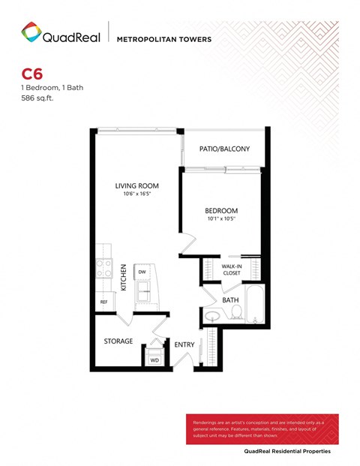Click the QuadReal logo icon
30,32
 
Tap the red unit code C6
31,74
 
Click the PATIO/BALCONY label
224,149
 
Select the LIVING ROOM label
136,185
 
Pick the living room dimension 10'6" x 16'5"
136,195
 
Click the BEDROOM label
222,210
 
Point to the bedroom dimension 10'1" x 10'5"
222,220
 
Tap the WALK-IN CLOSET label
232,270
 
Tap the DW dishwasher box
142,272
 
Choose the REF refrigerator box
104,302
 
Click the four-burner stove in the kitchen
103,269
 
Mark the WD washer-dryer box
155,359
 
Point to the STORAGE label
118,341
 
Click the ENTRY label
184,345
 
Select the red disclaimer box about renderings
261,428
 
